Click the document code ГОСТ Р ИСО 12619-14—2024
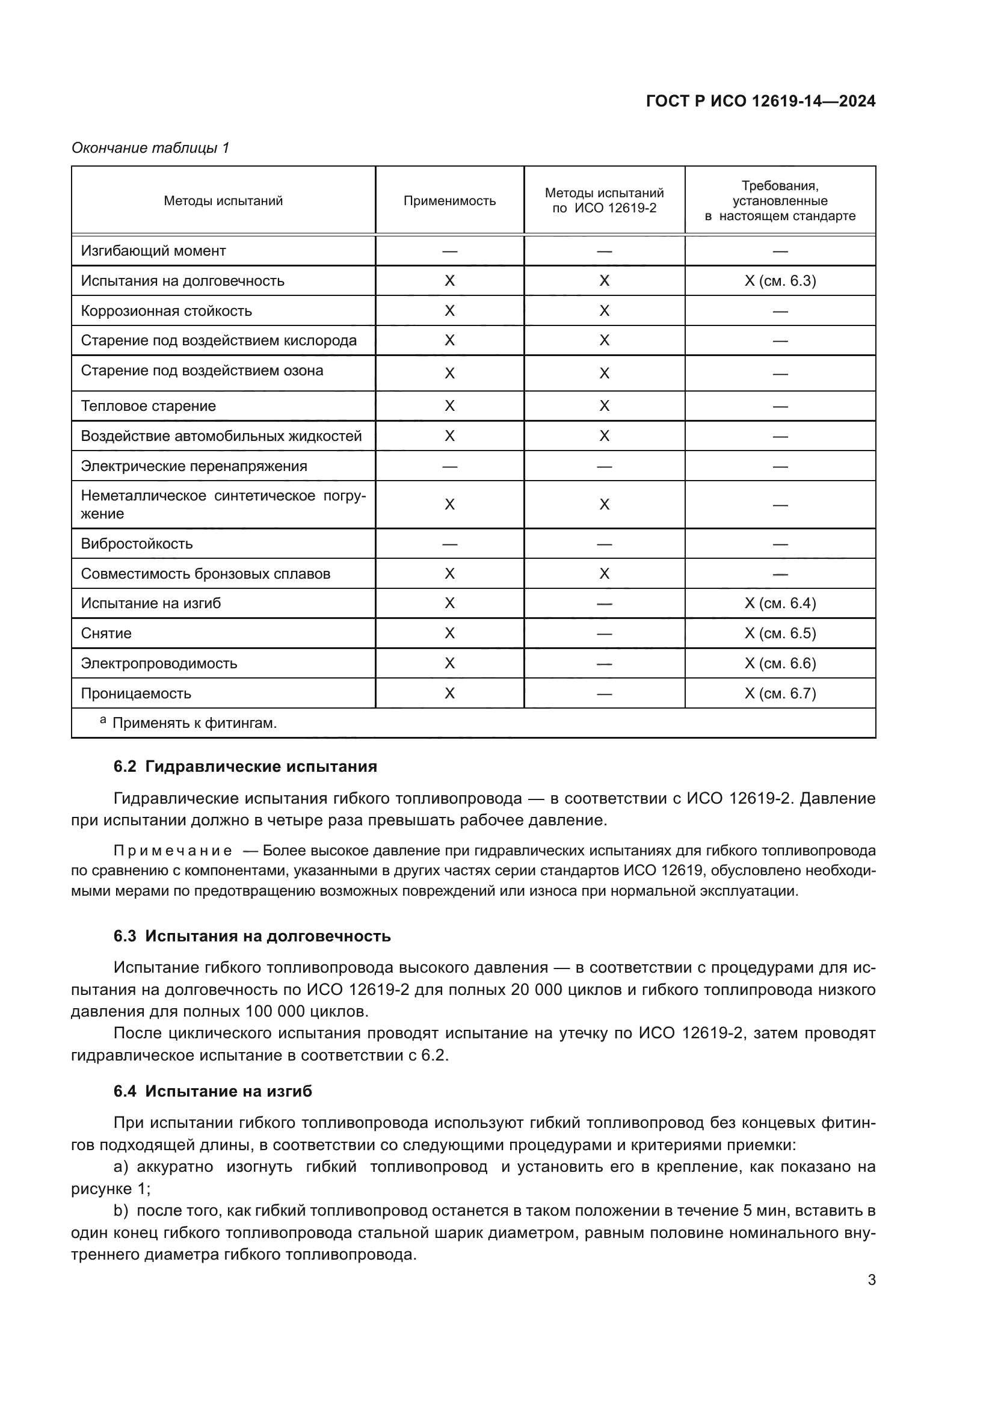point(760,101)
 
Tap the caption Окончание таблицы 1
point(150,148)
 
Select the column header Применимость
point(449,201)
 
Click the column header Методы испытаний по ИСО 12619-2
point(604,200)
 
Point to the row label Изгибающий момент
point(153,251)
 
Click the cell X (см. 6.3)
point(780,281)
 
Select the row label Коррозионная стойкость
point(166,310)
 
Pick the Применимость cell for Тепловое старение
point(449,405)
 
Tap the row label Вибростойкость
point(137,544)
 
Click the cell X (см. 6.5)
point(780,633)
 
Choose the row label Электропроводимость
point(159,663)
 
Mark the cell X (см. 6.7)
point(780,693)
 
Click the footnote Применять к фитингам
point(194,723)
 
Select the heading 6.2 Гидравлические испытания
point(245,766)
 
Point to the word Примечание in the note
point(173,851)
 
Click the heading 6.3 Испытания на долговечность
point(252,937)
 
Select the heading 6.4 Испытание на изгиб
point(212,1091)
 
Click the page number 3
point(871,1279)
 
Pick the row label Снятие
point(106,633)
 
